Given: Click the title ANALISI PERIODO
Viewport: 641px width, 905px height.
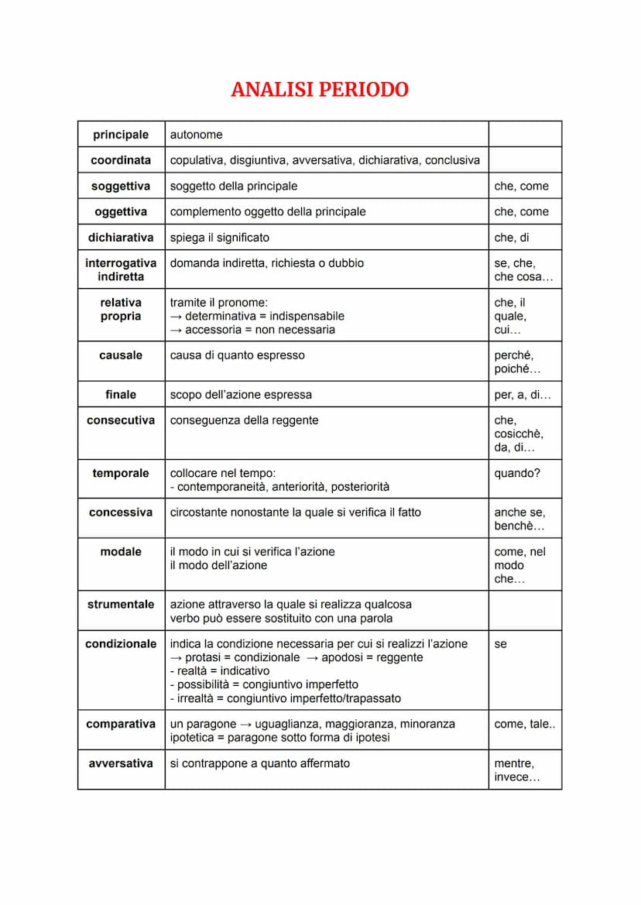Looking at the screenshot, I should click(x=320, y=90).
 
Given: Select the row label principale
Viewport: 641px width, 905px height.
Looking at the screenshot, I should click(x=121, y=135).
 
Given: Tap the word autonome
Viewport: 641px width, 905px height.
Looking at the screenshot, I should click(x=196, y=135).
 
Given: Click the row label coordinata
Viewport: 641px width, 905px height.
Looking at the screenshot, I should click(x=121, y=160).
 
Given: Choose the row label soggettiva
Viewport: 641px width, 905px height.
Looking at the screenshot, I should click(x=121, y=186).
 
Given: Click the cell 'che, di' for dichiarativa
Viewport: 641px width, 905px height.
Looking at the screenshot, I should click(x=512, y=238).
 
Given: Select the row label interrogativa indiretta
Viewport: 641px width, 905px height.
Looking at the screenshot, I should click(x=121, y=269).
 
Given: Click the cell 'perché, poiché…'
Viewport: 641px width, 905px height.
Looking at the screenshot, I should click(x=517, y=362).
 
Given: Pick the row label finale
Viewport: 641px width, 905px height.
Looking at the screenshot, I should click(x=121, y=395).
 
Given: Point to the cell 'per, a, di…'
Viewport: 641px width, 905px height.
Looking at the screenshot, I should click(x=523, y=395).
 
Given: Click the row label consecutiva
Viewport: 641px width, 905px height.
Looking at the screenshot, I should click(x=121, y=420).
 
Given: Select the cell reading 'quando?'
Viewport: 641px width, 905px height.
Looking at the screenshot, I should click(x=517, y=473).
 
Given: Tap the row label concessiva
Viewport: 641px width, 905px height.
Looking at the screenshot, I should click(x=121, y=512).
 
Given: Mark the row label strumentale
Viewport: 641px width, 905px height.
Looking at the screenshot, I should click(x=121, y=604).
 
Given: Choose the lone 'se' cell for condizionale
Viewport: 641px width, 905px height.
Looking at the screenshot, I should click(x=501, y=644).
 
